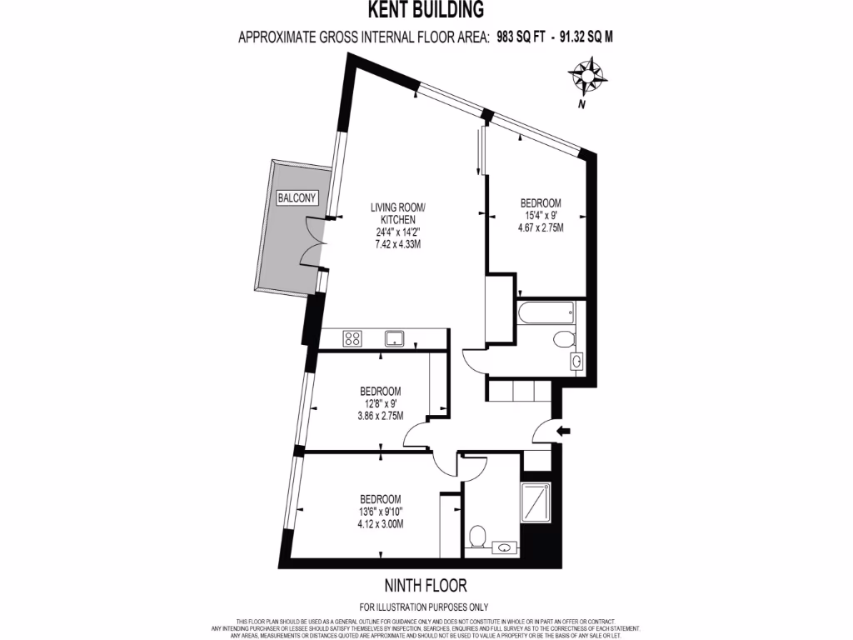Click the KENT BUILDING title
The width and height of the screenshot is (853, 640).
[426, 10]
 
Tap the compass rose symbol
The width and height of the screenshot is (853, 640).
[588, 77]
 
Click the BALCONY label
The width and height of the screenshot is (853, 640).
[297, 197]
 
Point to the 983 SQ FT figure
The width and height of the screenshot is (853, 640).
[520, 37]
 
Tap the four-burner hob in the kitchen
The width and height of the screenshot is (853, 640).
[352, 338]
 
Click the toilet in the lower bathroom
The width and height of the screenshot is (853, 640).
[477, 535]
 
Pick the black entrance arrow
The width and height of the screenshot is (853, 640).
[563, 431]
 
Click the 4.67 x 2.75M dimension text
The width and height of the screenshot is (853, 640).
[541, 227]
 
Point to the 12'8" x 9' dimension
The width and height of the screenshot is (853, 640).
[381, 403]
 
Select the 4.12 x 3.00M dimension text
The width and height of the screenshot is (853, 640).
[381, 524]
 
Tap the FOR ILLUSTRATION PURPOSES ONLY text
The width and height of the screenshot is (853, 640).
[424, 607]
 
